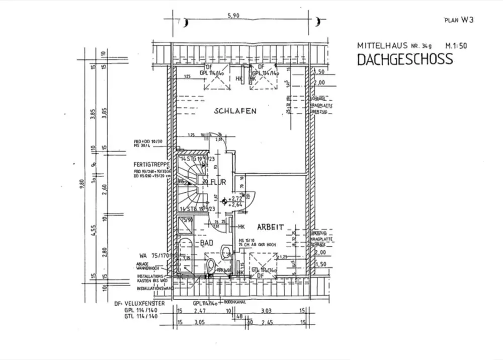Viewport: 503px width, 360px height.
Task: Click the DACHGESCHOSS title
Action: (x=404, y=59)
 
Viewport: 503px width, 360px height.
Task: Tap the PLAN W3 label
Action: (x=458, y=20)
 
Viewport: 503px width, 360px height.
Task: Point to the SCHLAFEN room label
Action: (x=235, y=111)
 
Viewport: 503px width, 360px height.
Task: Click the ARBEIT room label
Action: (x=272, y=227)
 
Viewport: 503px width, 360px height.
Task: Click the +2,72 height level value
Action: (x=235, y=199)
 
